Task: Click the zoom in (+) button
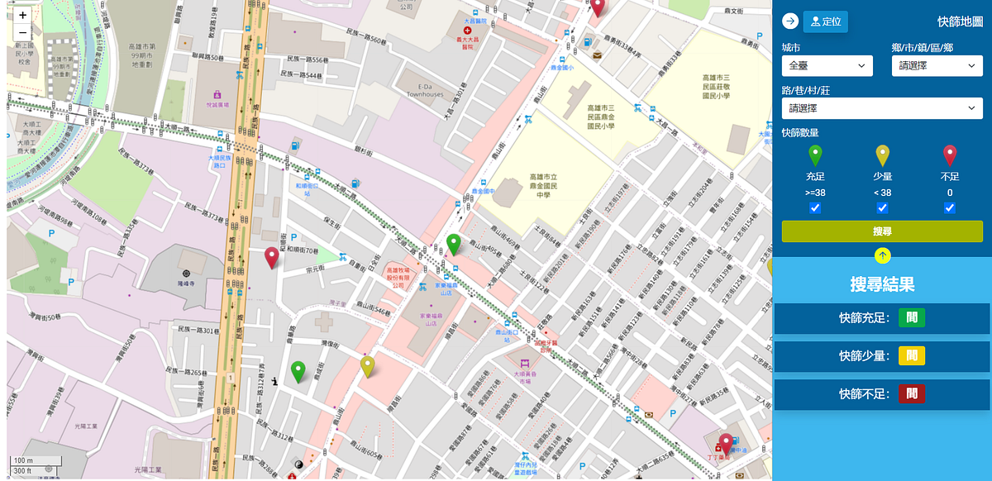pos(22,15)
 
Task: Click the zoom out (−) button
pos(22,33)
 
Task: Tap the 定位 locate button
pos(825,21)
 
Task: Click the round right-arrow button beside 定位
pos(790,21)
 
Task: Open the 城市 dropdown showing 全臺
pos(827,66)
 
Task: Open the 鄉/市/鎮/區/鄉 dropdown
pos(937,66)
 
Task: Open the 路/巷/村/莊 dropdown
pos(882,108)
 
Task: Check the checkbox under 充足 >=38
pos(815,208)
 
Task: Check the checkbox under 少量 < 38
pos(882,208)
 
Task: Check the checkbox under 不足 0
pos(950,208)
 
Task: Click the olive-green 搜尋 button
pos(882,231)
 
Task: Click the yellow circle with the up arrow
pos(882,256)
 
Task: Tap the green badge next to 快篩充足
pos(912,317)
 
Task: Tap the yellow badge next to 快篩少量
pos(912,355)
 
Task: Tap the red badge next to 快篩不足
pos(912,394)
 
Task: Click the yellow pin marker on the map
pos(368,366)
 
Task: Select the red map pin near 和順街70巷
pos(271,258)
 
